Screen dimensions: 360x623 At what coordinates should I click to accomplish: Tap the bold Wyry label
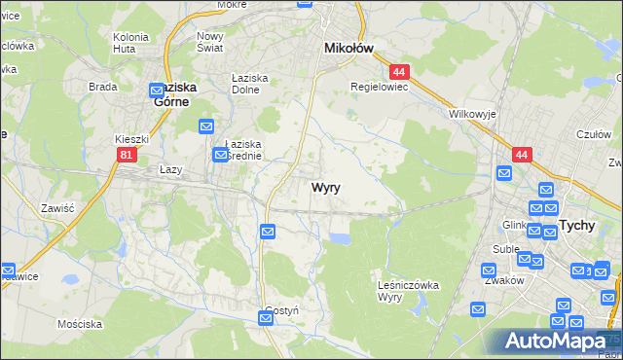[x=326, y=188]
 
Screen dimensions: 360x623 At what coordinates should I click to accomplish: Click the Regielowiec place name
[x=379, y=86]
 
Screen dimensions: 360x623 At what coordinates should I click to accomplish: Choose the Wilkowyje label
[x=473, y=114]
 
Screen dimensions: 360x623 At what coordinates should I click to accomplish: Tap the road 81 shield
[x=126, y=154]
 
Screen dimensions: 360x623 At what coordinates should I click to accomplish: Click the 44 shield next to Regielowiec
[x=397, y=71]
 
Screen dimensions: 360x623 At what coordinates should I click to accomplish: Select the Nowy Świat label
[x=210, y=41]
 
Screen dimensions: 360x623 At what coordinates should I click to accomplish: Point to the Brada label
[x=102, y=86]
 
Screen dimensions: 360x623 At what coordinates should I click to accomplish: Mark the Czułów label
[x=593, y=135]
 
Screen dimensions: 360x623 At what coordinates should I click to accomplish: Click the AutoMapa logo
[x=559, y=342]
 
